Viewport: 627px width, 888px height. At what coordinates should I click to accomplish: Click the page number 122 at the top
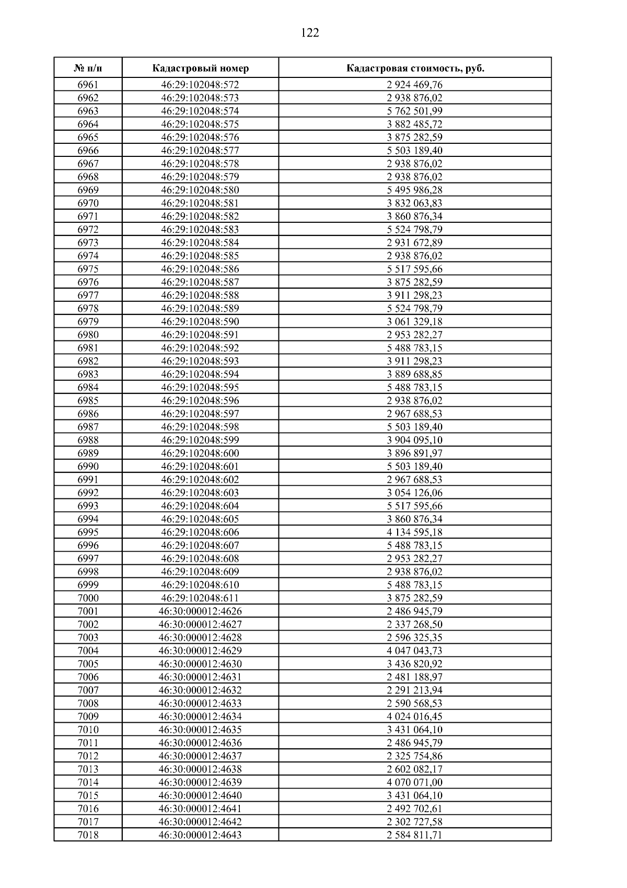310,33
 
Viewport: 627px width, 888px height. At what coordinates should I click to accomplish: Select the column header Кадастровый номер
201,69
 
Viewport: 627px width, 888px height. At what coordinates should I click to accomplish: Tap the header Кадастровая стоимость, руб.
415,69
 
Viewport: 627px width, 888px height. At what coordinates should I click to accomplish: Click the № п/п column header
88,69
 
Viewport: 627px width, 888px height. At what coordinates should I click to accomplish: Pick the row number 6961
88,85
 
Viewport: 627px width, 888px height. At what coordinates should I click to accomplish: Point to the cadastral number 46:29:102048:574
200,111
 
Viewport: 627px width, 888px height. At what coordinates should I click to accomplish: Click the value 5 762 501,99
415,111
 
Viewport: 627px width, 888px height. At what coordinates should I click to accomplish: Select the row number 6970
88,203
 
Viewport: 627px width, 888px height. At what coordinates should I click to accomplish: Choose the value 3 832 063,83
415,203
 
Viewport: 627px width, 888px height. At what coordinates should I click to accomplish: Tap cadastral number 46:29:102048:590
200,322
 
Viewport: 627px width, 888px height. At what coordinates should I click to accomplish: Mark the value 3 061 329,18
415,322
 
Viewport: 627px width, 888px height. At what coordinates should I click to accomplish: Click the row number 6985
88,401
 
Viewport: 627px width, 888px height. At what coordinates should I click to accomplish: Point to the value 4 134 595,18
415,532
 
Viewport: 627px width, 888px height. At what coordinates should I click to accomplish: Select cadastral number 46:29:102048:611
200,598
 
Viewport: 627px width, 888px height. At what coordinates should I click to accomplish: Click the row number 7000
88,598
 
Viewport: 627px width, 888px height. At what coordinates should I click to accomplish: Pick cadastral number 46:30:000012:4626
200,611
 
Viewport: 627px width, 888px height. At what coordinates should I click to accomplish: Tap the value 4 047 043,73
415,651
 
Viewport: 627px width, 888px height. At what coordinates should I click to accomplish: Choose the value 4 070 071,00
415,782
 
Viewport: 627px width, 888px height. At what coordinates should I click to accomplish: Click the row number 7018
88,835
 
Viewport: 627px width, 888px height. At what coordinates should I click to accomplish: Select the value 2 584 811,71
415,835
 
